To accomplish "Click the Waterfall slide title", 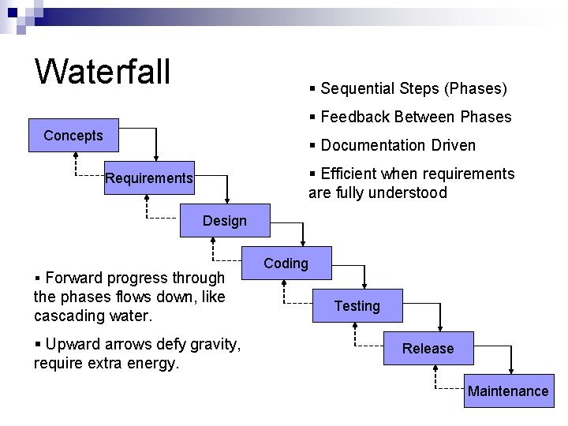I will click(103, 71).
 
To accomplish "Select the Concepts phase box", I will click(73, 136).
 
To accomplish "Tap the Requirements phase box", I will click(149, 178).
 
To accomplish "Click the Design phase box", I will click(225, 221).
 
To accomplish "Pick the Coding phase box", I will click(286, 263).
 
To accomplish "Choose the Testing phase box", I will click(357, 306).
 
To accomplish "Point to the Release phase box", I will click(428, 349).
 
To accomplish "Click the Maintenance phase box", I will click(508, 391).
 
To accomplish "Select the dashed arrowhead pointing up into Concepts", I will click(74, 155).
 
